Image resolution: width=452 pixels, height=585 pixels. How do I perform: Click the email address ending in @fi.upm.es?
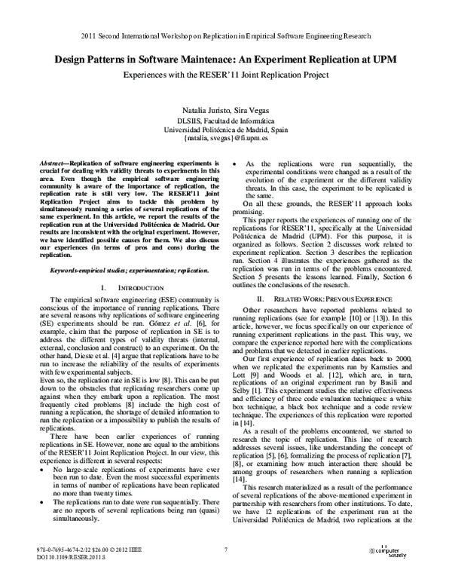224,139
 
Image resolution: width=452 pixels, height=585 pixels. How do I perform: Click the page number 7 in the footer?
225,550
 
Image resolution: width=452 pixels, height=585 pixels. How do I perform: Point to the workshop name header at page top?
225,35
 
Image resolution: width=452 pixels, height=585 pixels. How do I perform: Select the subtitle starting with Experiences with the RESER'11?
225,76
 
